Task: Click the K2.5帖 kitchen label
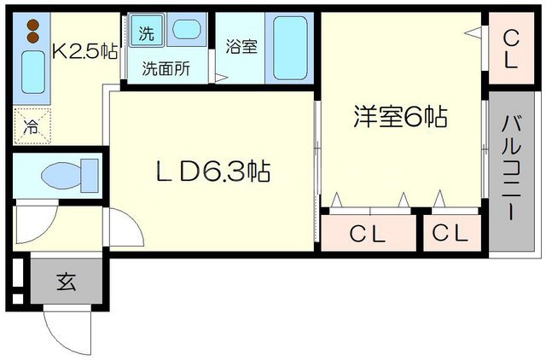pos(84,51)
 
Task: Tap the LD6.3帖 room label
pos(212,172)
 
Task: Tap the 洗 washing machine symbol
pos(148,33)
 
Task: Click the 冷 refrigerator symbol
pos(32,127)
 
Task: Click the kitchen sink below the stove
pos(32,73)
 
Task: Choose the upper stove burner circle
pos(32,25)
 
